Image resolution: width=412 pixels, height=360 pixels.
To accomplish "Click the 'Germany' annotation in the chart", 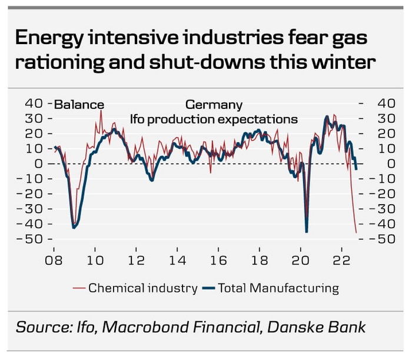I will click(x=214, y=105).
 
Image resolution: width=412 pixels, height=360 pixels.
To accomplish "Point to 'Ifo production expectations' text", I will click(x=214, y=119).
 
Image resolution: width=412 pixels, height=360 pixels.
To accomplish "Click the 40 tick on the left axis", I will click(x=33, y=104).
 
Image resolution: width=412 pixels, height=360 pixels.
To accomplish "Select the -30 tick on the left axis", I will click(x=31, y=209).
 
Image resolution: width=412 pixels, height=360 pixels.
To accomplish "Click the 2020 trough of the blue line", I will click(x=307, y=232).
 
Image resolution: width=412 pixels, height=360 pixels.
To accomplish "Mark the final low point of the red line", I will click(x=356, y=233).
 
